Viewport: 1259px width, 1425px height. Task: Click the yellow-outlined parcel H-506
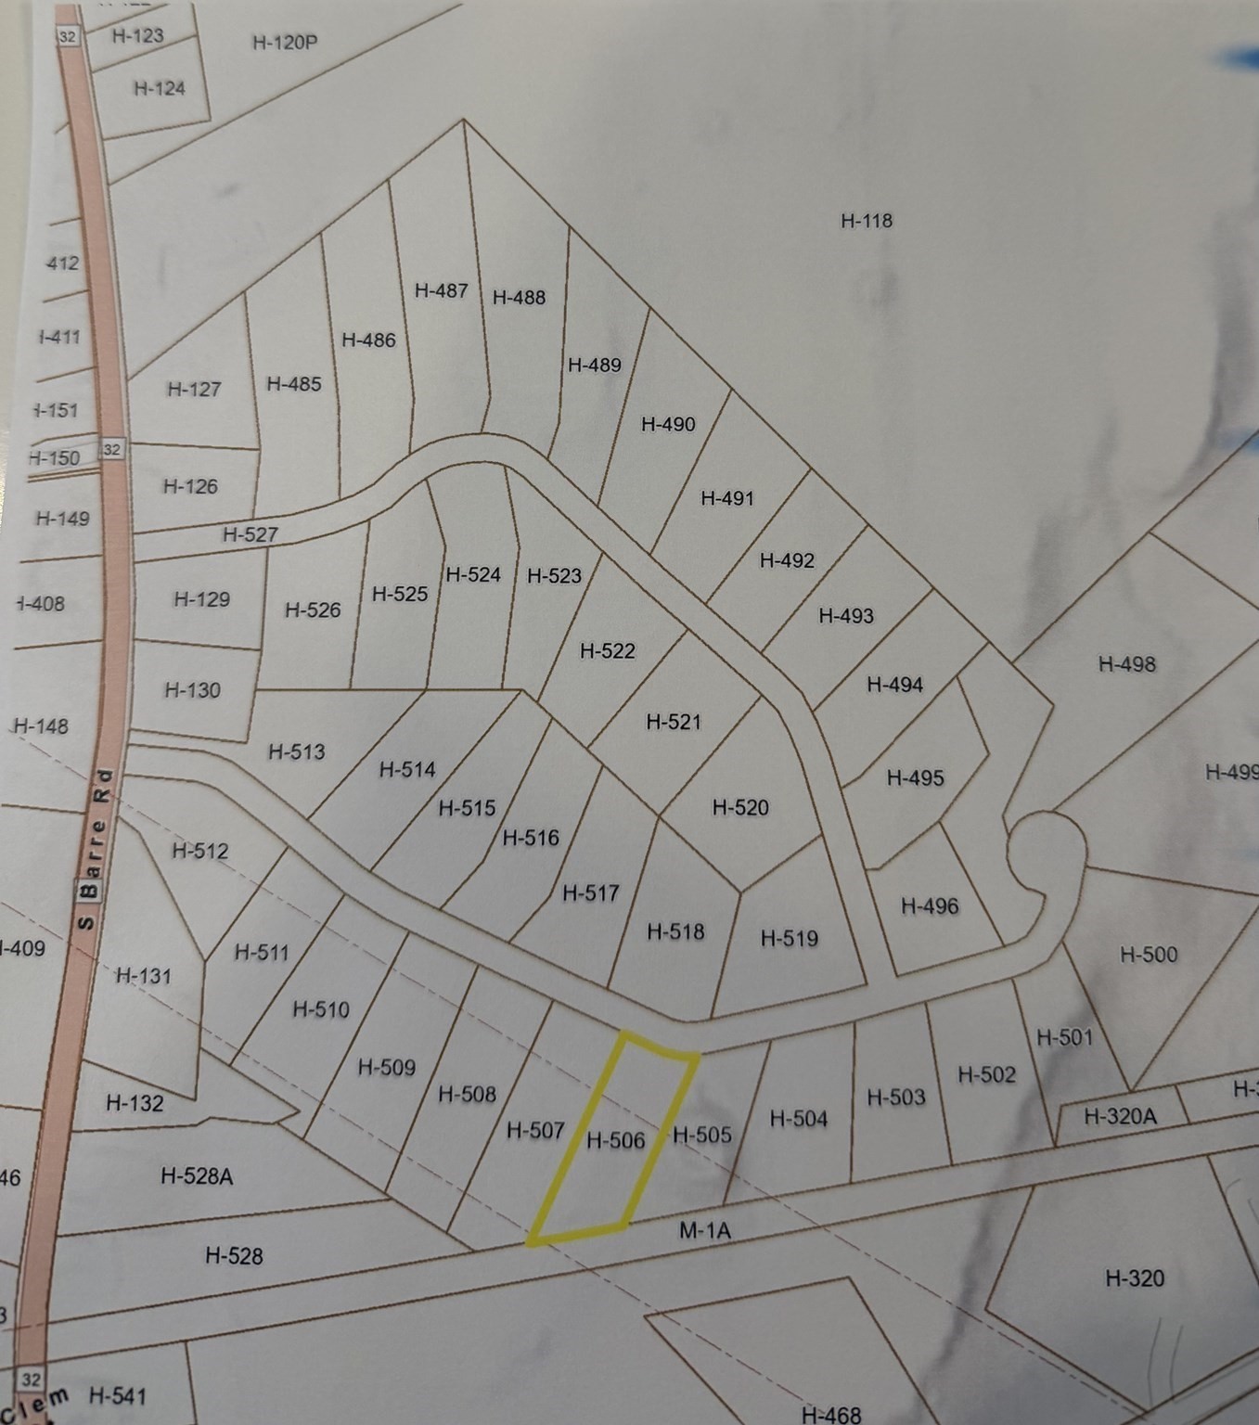pos(615,1139)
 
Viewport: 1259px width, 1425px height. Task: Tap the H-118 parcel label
pos(867,221)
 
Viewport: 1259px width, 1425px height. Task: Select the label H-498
pos(1126,664)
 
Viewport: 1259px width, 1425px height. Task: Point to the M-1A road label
pos(705,1231)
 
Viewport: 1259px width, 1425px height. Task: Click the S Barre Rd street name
pos(95,848)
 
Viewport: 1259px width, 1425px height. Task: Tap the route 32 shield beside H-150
pos(111,450)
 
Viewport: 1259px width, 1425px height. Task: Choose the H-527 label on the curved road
pos(251,535)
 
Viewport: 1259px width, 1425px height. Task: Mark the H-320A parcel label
pos(1120,1116)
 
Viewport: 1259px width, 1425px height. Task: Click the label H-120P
pos(285,43)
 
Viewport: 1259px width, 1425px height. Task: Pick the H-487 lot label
pos(441,290)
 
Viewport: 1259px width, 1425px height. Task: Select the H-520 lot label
pos(740,808)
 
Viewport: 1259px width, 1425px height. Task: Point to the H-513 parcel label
pos(297,751)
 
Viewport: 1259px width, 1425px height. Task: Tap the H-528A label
pos(197,1176)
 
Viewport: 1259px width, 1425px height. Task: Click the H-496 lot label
pos(930,906)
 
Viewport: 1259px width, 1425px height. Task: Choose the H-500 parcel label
pos(1149,955)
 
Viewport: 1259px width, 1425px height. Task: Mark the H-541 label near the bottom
pos(118,1395)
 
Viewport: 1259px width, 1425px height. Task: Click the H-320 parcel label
pos(1135,1278)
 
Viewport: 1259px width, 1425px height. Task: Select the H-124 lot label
pos(160,88)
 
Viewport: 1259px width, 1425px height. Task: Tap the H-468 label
pos(831,1415)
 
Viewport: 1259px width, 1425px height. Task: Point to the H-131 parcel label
pos(144,976)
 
